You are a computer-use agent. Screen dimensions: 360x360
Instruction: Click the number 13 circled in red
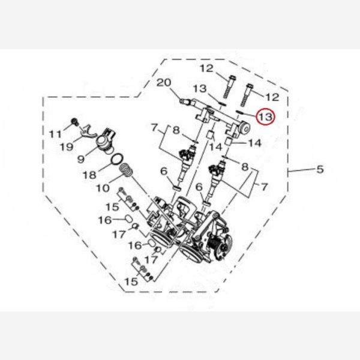point(265,116)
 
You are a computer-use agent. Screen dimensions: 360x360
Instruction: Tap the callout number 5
point(320,169)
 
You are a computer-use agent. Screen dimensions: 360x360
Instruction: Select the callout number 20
point(164,83)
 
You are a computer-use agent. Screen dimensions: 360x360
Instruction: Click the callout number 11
point(56,134)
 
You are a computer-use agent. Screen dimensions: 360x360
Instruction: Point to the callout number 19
point(67,147)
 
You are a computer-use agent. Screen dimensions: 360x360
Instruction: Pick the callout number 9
point(81,158)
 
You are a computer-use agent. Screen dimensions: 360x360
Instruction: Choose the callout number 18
point(89,175)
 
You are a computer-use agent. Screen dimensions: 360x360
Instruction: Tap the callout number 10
point(103,188)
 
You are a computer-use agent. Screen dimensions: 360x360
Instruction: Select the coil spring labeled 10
point(126,170)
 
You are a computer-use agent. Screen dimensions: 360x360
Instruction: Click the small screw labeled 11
point(74,121)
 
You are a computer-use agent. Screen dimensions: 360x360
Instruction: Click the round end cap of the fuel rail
point(245,128)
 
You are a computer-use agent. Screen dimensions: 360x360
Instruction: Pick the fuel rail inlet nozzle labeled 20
point(184,101)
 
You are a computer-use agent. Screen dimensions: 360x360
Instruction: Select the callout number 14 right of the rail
point(255,143)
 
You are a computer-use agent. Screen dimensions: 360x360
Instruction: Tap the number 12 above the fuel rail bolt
point(206,68)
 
